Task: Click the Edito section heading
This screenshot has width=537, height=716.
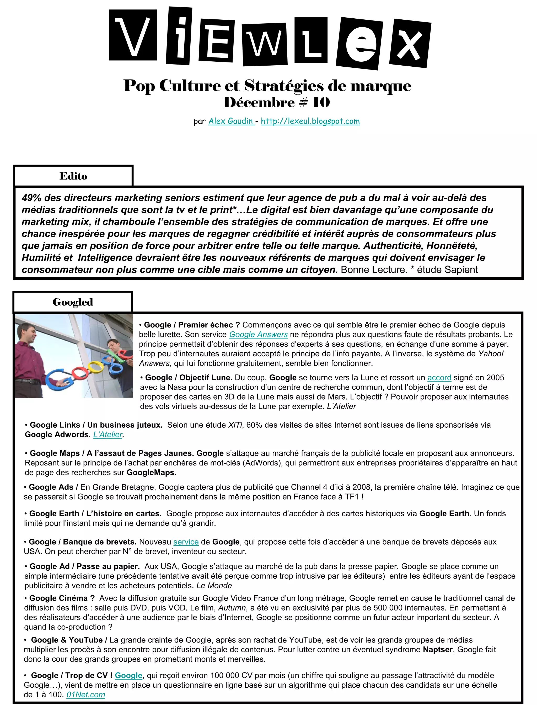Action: point(73,176)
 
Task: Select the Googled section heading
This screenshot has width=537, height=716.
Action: point(73,302)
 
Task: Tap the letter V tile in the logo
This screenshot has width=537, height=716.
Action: point(133,35)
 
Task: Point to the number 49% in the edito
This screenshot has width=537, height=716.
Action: point(31,198)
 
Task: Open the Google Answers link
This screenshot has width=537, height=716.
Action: point(258,334)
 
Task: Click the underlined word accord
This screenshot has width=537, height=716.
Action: point(439,378)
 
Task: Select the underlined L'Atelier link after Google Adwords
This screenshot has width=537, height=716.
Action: point(108,434)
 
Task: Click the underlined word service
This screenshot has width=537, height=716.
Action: point(186,542)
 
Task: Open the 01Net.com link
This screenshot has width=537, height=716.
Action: point(86,695)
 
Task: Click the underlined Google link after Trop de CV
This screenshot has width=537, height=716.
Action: point(128,676)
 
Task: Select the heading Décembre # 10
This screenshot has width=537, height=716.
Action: point(277,103)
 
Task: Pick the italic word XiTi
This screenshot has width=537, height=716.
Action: point(235,425)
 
